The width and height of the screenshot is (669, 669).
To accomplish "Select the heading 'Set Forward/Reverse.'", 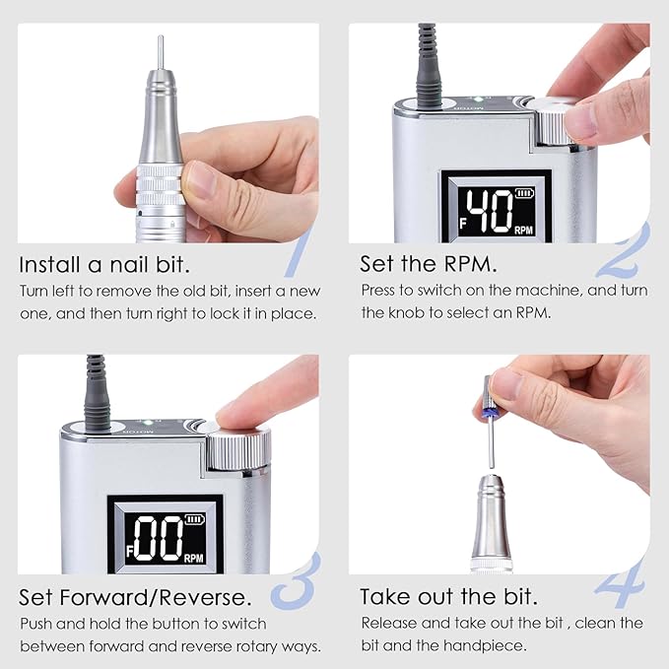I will coord(135,597).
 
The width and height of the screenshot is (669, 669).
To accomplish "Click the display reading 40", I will coord(490,210).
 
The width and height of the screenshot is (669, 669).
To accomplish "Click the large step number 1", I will coord(299,251).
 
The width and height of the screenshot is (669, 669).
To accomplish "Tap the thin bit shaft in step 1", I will coord(161,53).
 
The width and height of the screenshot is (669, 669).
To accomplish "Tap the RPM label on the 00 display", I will coord(194,558).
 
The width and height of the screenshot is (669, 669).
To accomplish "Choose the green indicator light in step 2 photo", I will coord(473,100).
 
